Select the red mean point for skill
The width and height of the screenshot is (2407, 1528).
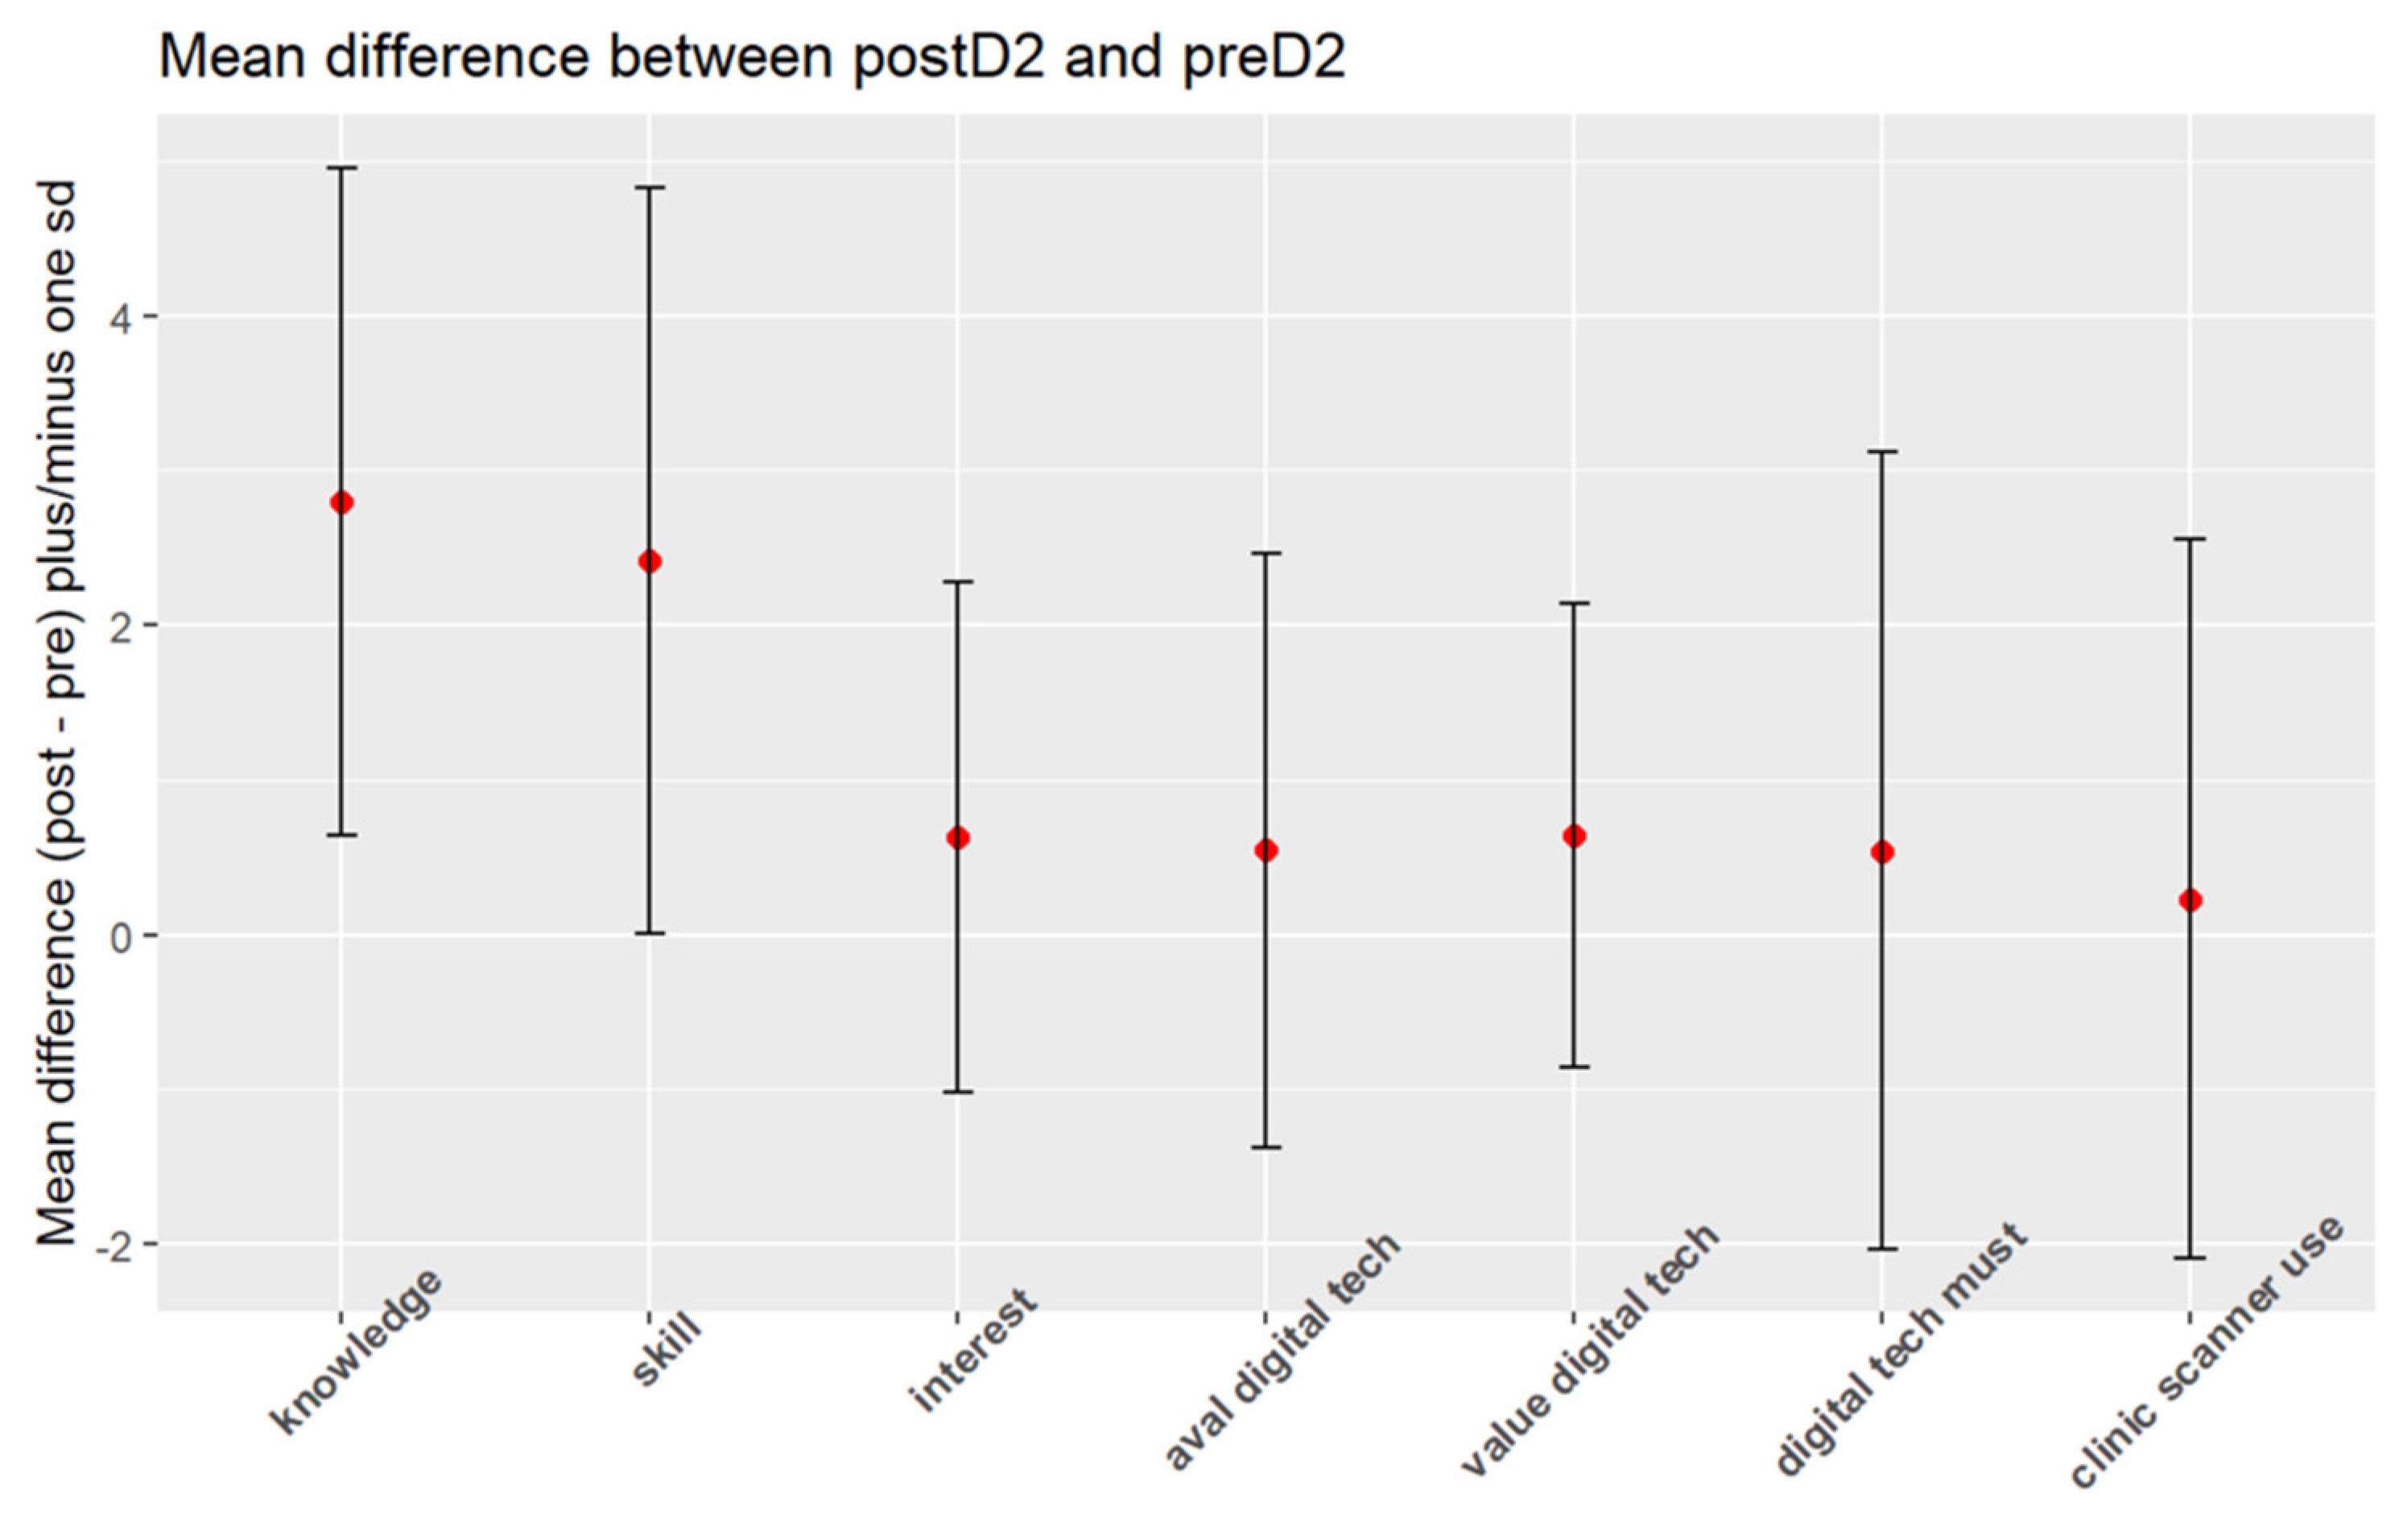pyautogui.click(x=650, y=562)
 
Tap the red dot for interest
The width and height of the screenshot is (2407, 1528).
pyautogui.click(x=958, y=838)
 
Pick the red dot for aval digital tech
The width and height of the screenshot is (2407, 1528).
pyautogui.click(x=1266, y=850)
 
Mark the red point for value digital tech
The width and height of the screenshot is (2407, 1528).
pyautogui.click(x=1575, y=836)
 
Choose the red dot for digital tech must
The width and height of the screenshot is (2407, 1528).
pyautogui.click(x=1882, y=853)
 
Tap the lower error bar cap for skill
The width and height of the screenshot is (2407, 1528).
pyautogui.click(x=650, y=933)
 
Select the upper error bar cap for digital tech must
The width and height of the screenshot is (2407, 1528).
pyautogui.click(x=1882, y=452)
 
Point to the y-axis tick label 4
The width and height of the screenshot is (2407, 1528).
pyautogui.click(x=121, y=318)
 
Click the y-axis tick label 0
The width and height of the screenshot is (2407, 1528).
pyautogui.click(x=121, y=937)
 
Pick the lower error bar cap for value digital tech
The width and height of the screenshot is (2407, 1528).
pyautogui.click(x=1575, y=1068)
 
